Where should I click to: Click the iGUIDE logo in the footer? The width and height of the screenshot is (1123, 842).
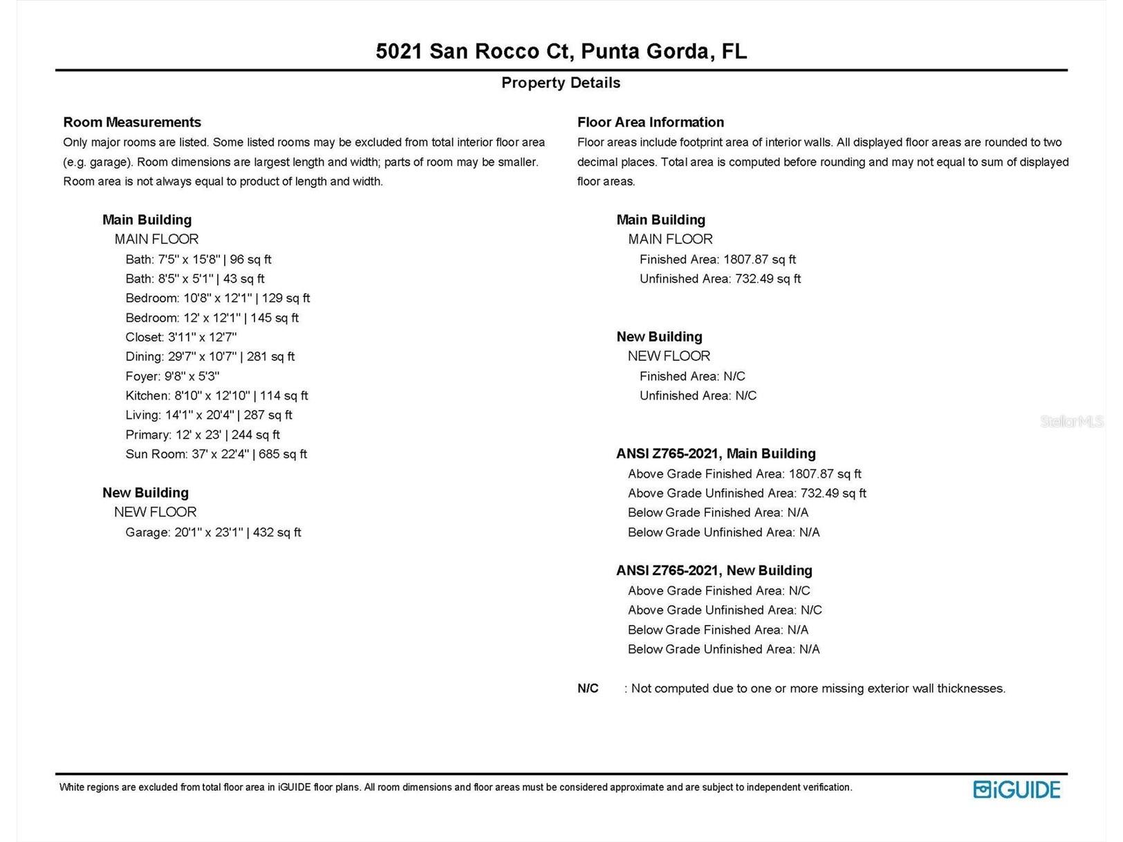pyautogui.click(x=1017, y=789)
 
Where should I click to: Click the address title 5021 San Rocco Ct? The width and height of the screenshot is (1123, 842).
pyautogui.click(x=561, y=51)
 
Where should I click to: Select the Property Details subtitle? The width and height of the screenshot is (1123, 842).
pyautogui.click(x=561, y=83)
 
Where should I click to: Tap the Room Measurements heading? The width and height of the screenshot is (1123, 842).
pyautogui.click(x=132, y=122)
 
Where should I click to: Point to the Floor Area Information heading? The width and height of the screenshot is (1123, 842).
pyautogui.click(x=651, y=122)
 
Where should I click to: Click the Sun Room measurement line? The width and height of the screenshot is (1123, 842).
pyautogui.click(x=216, y=454)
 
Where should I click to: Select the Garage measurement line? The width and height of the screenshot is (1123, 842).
pyautogui.click(x=213, y=532)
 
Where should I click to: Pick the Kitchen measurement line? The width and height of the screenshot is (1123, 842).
pyautogui.click(x=216, y=395)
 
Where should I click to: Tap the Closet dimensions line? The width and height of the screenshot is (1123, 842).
pyautogui.click(x=181, y=337)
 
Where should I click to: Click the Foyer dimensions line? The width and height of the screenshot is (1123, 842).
pyautogui.click(x=172, y=376)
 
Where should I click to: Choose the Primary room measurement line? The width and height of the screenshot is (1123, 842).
pyautogui.click(x=203, y=435)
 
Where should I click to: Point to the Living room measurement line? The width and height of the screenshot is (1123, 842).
pyautogui.click(x=209, y=415)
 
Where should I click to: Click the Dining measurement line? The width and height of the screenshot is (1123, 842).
pyautogui.click(x=210, y=357)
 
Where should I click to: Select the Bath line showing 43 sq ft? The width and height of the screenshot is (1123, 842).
pyautogui.click(x=195, y=279)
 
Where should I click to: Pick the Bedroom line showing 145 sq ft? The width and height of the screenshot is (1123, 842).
pyautogui.click(x=212, y=318)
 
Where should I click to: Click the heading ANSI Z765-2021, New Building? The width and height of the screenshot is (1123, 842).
pyautogui.click(x=714, y=570)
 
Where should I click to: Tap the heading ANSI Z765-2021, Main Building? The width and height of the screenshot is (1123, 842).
pyautogui.click(x=716, y=453)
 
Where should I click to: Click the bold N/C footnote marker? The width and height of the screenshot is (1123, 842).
pyautogui.click(x=588, y=689)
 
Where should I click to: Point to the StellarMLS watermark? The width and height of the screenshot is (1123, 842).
pyautogui.click(x=1071, y=421)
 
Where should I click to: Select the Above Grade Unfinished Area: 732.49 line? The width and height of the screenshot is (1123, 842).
pyautogui.click(x=747, y=493)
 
